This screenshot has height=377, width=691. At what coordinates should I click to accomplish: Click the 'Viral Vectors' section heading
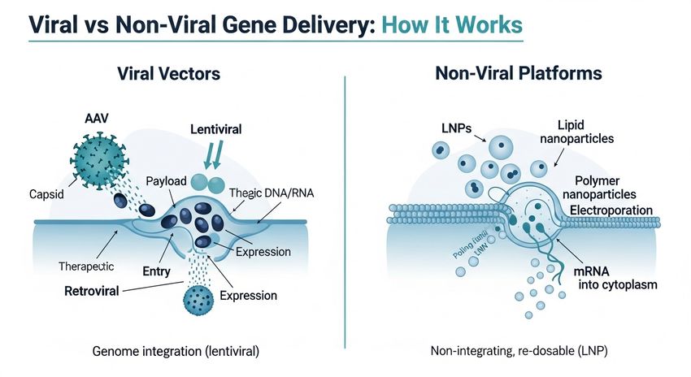(x=167, y=74)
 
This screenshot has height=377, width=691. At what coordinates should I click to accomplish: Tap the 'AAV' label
(x=97, y=118)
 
